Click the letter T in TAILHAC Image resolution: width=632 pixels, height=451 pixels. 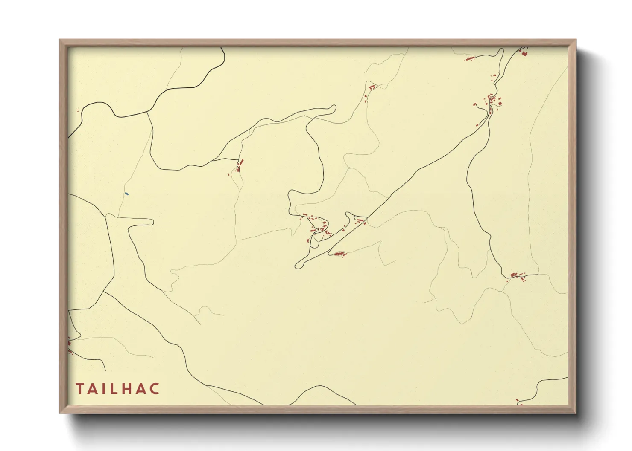pyautogui.click(x=80, y=389)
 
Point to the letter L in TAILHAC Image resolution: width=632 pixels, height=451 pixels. pyautogui.click(x=111, y=389)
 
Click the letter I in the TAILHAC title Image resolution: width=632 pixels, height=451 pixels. pyautogui.click(x=102, y=389)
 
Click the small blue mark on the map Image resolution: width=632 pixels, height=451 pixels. pyautogui.click(x=127, y=194)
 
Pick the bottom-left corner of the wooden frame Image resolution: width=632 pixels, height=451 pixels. pyautogui.click(x=60, y=413)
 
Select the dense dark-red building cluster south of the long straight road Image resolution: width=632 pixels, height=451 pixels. pyautogui.click(x=340, y=254)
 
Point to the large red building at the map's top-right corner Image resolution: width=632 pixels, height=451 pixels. pyautogui.click(x=524, y=53)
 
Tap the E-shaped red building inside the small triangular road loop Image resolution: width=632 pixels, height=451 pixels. pyautogui.click(x=372, y=87)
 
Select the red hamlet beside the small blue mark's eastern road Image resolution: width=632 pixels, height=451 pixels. pyautogui.click(x=239, y=165)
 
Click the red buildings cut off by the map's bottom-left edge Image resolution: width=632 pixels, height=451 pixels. pyautogui.click(x=69, y=345)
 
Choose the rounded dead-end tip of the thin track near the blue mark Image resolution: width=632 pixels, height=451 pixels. pyautogui.click(x=151, y=222)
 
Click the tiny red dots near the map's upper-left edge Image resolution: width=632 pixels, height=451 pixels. pyautogui.click(x=79, y=111)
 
